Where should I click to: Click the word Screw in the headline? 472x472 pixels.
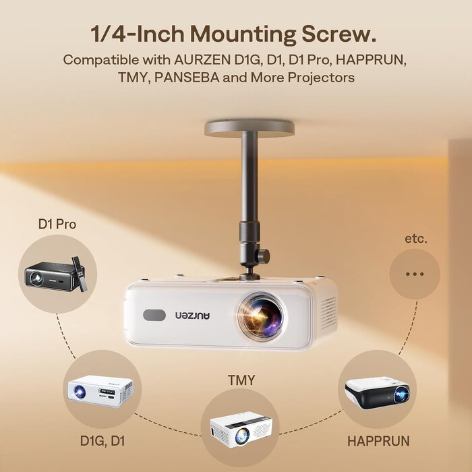tap(339, 34)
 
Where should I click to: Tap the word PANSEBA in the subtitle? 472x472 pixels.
tap(187, 78)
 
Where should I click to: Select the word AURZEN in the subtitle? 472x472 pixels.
tap(202, 59)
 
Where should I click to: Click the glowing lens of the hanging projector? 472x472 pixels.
tap(261, 315)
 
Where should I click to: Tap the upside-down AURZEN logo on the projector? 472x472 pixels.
tap(193, 315)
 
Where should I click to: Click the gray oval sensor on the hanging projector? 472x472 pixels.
tap(154, 315)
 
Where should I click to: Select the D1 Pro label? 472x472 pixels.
tap(57, 225)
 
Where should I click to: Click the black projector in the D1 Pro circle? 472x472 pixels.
tap(51, 276)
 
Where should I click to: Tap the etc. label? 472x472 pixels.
tap(416, 239)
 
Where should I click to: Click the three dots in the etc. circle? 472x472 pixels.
tap(415, 274)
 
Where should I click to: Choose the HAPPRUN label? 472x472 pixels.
tap(378, 441)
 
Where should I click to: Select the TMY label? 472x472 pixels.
tap(241, 380)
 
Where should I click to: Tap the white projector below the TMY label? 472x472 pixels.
tap(241, 427)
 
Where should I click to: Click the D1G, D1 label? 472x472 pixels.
tap(102, 441)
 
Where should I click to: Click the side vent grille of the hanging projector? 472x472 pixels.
tap(328, 313)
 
